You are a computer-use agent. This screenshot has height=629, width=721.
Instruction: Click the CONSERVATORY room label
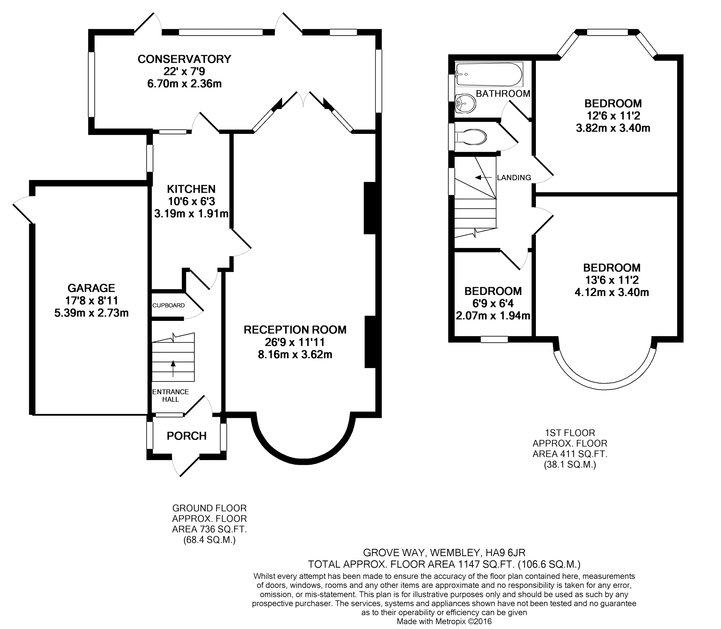[184, 59]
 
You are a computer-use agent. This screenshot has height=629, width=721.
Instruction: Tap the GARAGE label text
[92, 288]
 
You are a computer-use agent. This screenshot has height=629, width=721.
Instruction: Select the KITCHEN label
[192, 189]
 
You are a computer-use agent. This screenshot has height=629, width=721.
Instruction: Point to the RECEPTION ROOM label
[295, 330]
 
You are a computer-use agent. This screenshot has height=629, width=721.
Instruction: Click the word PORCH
[187, 436]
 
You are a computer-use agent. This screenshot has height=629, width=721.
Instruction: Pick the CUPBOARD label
[168, 306]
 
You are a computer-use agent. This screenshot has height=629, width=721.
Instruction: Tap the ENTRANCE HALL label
[171, 396]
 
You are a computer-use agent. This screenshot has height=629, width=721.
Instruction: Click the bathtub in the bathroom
[489, 74]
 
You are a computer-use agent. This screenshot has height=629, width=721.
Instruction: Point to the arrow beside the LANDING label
[483, 177]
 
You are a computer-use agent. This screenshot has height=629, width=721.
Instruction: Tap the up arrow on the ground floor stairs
[173, 369]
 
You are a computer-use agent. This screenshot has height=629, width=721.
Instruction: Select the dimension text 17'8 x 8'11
[92, 301]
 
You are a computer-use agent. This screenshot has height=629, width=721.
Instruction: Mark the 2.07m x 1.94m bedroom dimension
[493, 316]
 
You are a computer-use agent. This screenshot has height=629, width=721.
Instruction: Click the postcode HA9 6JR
[506, 553]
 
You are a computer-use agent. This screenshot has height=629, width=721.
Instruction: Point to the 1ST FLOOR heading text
[570, 433]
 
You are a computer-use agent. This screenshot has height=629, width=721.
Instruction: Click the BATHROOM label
[503, 94]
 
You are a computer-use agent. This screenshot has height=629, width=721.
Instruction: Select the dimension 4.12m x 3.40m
[612, 293]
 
